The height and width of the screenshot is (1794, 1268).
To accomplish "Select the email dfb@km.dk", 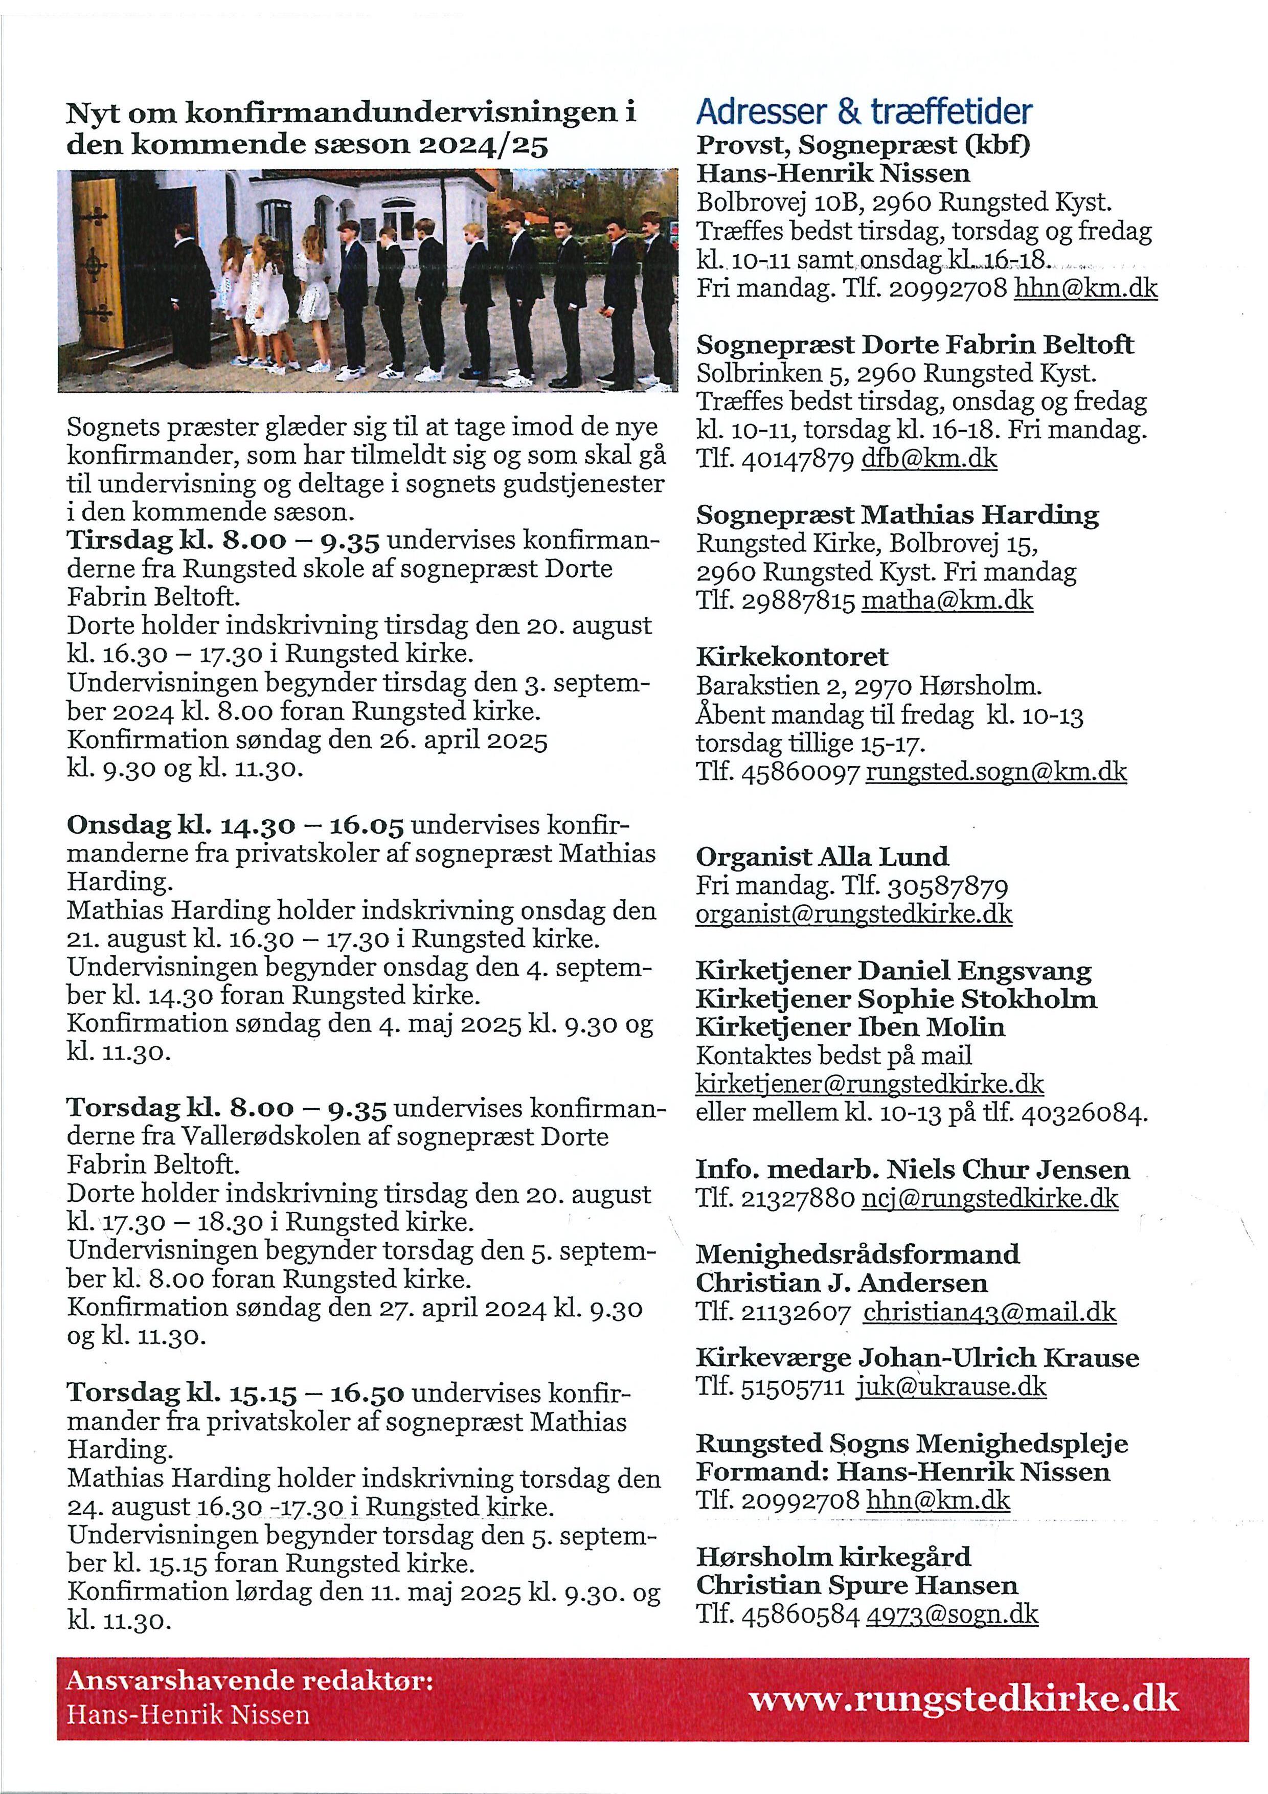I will [929, 459].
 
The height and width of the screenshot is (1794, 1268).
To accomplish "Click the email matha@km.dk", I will [947, 601].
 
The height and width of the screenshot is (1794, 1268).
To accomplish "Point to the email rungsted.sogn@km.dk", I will [996, 772].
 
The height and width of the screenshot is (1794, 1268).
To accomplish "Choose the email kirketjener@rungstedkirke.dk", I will [870, 1084].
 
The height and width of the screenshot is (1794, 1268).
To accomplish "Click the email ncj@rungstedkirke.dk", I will [990, 1198].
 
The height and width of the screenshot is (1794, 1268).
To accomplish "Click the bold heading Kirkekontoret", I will [792, 656].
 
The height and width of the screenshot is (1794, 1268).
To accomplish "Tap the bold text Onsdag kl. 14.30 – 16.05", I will [235, 825].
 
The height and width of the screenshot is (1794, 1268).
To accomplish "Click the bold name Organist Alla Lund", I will [822, 857].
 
